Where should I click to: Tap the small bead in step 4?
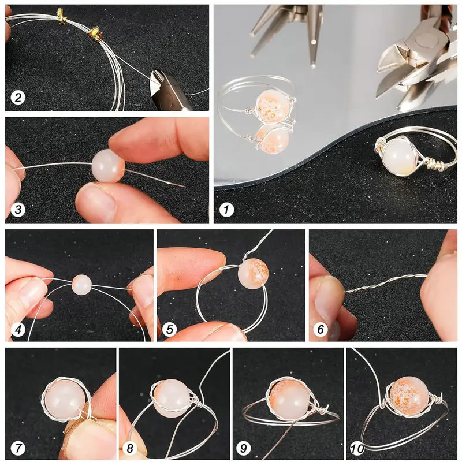tap(81, 284)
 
